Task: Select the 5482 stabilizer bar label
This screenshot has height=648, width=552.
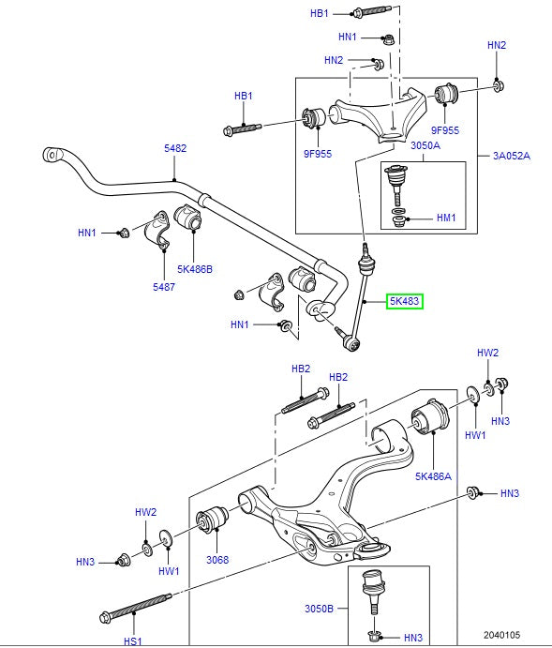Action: tap(175, 148)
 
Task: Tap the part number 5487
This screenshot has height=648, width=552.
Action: tap(163, 287)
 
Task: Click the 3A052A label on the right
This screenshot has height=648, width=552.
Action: tap(512, 156)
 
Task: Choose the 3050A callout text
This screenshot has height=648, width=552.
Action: tap(425, 145)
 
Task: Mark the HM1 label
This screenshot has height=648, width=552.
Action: tap(446, 218)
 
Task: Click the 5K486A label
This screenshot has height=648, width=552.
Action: tap(434, 476)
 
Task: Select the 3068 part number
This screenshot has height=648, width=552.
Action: tap(216, 560)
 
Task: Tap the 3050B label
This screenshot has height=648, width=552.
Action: tap(319, 609)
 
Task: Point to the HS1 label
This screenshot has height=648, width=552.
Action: tap(132, 640)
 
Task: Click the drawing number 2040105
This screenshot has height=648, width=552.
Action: tap(503, 635)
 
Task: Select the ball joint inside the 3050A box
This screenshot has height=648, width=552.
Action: tap(397, 181)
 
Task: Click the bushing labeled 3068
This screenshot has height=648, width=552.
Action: tap(212, 518)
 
